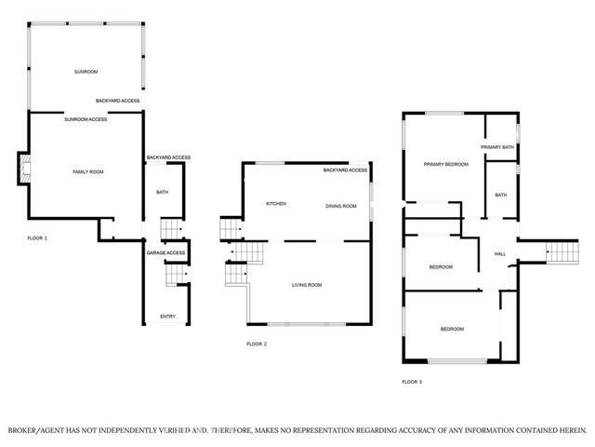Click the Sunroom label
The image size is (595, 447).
point(86,72)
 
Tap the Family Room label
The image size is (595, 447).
point(88,171)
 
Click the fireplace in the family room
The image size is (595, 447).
point(25,169)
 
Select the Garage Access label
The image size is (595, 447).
point(165,252)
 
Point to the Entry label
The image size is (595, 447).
point(167,317)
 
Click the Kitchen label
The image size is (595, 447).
point(276,204)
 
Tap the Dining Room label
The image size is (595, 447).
point(341,206)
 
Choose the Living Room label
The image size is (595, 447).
point(307,285)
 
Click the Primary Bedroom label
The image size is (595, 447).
point(446,164)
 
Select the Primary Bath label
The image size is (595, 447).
point(497,147)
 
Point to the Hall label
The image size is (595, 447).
point(500,254)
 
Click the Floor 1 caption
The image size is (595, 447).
point(37,238)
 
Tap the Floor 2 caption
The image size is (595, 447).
point(257,344)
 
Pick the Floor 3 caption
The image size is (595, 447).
point(412,382)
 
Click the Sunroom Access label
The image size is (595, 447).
point(86,119)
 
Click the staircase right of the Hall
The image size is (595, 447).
point(562,252)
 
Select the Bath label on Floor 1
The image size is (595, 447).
point(162,192)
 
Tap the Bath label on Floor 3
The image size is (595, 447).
point(501,195)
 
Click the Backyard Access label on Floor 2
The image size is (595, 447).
point(345,169)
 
